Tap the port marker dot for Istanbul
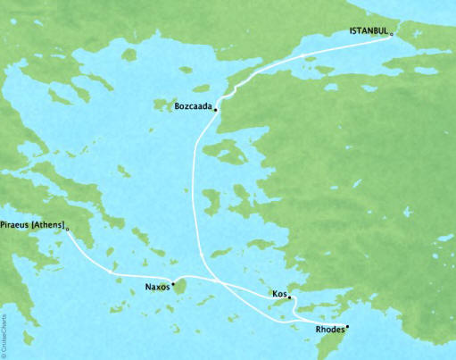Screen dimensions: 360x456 [x=393, y=34]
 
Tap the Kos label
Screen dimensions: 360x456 [x=278, y=293]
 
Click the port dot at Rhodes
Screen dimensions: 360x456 [x=347, y=326]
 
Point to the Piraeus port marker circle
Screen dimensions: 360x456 [x=68, y=229]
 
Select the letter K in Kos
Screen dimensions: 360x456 [x=272, y=293]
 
